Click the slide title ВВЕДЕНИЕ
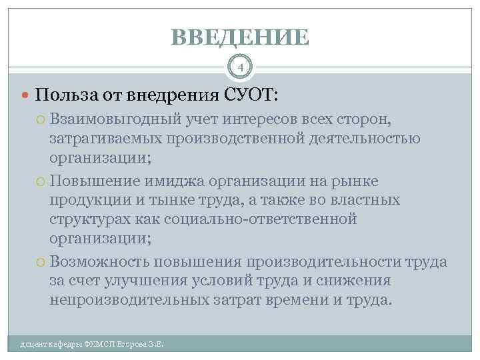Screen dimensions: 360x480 tap(240, 37)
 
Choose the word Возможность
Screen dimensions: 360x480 tap(99, 263)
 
